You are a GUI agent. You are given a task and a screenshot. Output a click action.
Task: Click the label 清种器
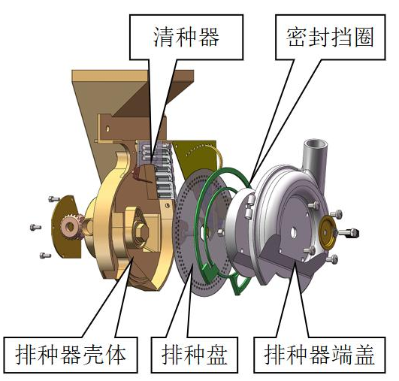[186, 37]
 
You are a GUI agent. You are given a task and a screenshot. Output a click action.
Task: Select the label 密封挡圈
[330, 37]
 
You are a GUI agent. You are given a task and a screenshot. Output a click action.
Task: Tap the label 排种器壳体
[71, 355]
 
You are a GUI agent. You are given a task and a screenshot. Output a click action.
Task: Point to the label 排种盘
[195, 355]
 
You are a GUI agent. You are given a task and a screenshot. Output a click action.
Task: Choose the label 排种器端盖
[319, 355]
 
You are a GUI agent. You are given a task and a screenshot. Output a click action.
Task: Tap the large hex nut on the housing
[140, 231]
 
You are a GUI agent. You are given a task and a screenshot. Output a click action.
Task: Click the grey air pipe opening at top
[316, 145]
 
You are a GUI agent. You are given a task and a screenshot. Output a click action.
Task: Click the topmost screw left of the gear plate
[54, 199]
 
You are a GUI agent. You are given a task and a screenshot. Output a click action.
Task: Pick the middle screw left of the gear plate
[35, 227]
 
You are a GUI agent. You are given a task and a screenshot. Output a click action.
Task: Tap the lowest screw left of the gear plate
[45, 255]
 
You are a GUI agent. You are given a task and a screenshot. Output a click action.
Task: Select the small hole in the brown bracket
[107, 129]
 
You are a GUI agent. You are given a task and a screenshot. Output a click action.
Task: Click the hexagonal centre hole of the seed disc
[203, 232]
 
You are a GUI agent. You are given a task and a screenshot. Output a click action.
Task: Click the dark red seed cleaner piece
[138, 174]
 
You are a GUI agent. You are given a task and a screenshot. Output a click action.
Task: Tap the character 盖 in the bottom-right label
[364, 355]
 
